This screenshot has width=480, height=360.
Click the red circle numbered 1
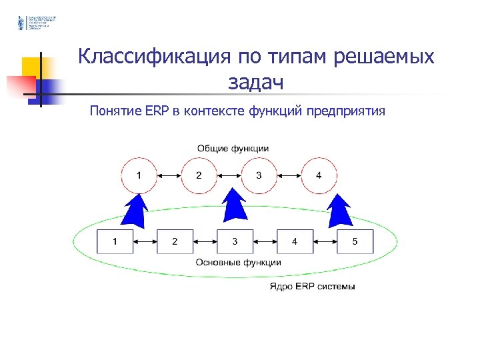(139, 175)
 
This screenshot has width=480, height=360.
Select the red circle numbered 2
(199, 175)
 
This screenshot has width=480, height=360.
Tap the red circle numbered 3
(259, 175)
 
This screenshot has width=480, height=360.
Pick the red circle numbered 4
(319, 175)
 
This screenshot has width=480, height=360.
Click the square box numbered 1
(115, 241)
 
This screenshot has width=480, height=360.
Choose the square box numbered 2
(175, 241)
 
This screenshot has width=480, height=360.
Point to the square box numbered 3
(235, 241)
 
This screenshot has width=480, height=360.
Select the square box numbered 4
(295, 241)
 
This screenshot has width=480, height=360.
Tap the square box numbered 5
(355, 241)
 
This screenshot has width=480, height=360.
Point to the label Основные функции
(238, 263)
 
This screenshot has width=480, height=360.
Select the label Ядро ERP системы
(312, 287)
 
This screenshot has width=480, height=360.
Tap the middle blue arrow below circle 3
(234, 205)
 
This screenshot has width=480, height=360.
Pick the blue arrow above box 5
(341, 208)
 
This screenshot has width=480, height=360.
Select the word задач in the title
(255, 82)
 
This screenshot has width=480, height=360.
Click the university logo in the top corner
(21, 23)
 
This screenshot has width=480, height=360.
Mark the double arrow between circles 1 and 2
(169, 175)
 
